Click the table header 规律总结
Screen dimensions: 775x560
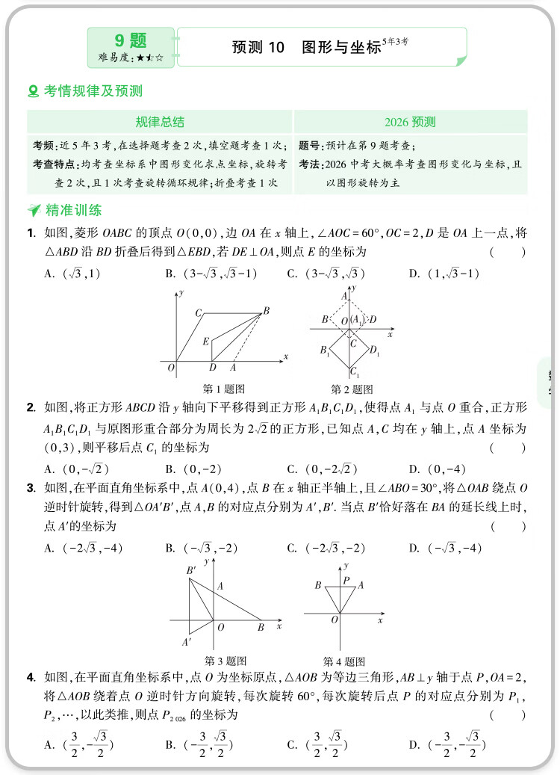(x=160, y=122)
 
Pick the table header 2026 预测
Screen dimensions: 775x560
(x=410, y=122)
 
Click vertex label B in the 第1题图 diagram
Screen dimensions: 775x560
(x=267, y=310)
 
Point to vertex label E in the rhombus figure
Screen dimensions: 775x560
(x=206, y=342)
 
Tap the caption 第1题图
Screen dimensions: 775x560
(x=225, y=389)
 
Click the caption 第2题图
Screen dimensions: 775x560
(x=352, y=389)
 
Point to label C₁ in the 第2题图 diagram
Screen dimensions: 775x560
(x=355, y=373)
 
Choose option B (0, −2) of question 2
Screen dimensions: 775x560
(x=193, y=469)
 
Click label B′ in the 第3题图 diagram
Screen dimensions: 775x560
(x=191, y=571)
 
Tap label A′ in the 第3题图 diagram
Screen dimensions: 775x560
(x=187, y=641)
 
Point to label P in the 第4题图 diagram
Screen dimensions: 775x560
(x=345, y=579)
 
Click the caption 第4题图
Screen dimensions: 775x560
(x=344, y=661)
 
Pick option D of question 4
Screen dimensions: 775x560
(x=447, y=745)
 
